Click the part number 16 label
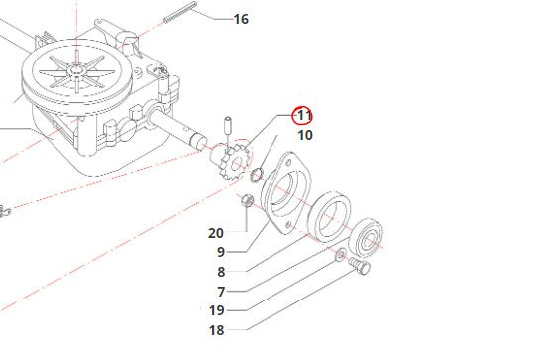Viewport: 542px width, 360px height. [x=241, y=19]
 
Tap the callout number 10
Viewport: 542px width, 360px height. [x=305, y=135]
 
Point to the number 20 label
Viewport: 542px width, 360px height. [x=216, y=233]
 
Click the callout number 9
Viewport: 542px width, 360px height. [x=221, y=252]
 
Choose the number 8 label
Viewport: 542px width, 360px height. [x=221, y=272]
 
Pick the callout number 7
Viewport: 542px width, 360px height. [x=221, y=292]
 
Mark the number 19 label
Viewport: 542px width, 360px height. [x=217, y=310]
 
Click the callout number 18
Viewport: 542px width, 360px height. [x=217, y=330]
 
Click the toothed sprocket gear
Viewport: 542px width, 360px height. [x=232, y=160]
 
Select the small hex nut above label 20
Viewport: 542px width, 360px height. [x=247, y=201]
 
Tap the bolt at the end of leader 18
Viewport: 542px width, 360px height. [x=359, y=266]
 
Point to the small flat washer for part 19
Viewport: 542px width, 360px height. [x=341, y=255]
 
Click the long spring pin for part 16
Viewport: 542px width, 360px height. [x=180, y=12]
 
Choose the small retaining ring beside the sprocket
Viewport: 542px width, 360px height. [x=257, y=174]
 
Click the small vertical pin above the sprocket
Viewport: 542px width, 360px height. [x=228, y=125]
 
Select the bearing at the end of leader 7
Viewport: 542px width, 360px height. [x=367, y=238]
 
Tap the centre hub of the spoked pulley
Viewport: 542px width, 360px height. [x=76, y=70]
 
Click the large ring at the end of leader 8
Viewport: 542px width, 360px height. [x=330, y=218]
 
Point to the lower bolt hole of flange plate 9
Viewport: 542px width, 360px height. [x=289, y=225]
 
